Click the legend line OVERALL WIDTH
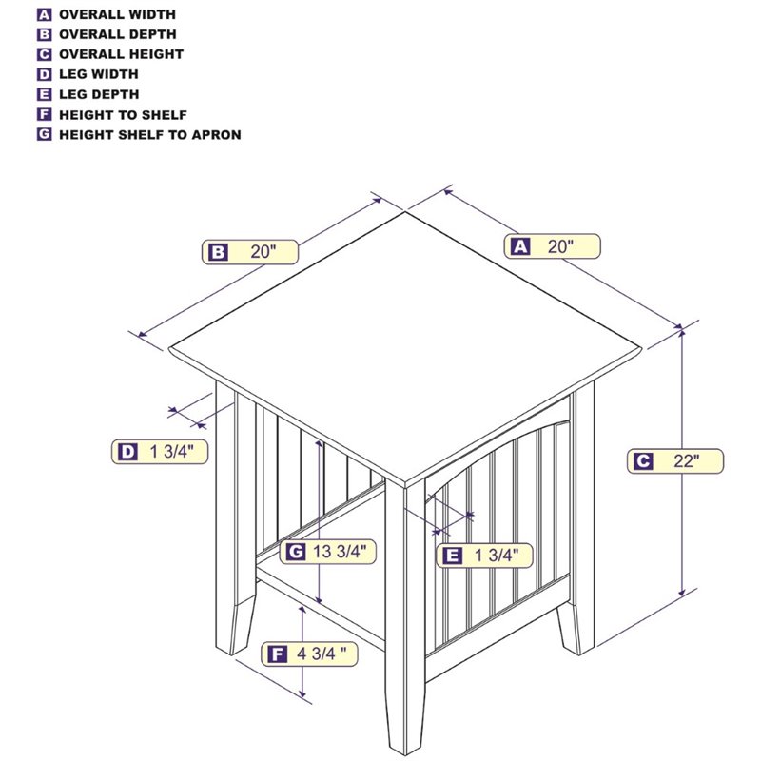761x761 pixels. pyautogui.click(x=117, y=14)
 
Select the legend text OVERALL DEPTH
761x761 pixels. pyautogui.click(x=117, y=34)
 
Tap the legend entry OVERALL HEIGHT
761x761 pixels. pyautogui.click(x=122, y=54)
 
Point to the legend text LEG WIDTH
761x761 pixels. pyautogui.click(x=99, y=74)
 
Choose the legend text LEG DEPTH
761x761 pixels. pyautogui.click(x=99, y=94)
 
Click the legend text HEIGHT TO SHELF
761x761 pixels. pyautogui.click(x=123, y=115)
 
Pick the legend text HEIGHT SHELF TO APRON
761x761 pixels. pyautogui.click(x=150, y=135)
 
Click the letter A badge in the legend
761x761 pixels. pyautogui.click(x=44, y=14)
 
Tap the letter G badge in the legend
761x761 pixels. pyautogui.click(x=44, y=134)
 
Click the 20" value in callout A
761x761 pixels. pyautogui.click(x=560, y=246)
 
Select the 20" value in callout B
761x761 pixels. pyautogui.click(x=263, y=252)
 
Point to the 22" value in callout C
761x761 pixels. pyautogui.click(x=686, y=460)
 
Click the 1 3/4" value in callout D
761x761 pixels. pyautogui.click(x=171, y=452)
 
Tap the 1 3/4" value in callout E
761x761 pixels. pyautogui.click(x=496, y=556)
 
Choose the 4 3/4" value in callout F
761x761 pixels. pyautogui.click(x=322, y=654)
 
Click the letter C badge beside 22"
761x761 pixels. pyautogui.click(x=643, y=460)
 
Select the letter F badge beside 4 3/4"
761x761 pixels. pyautogui.click(x=277, y=654)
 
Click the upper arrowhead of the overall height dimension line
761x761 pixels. pyautogui.click(x=682, y=333)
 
